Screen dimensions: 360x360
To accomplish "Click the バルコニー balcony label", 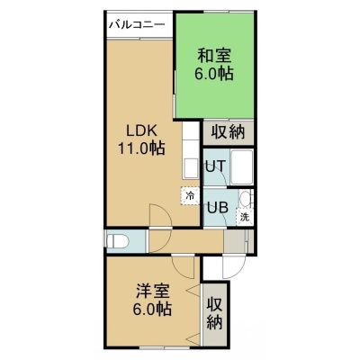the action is click(x=137, y=24).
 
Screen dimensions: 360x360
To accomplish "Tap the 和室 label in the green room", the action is click(x=214, y=56).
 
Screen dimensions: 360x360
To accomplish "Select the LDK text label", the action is click(x=141, y=131).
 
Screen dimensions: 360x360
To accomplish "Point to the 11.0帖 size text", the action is click(x=141, y=148).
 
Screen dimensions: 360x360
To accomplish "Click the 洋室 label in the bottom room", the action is click(x=153, y=291).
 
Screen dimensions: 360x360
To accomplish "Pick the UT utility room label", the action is click(x=215, y=166).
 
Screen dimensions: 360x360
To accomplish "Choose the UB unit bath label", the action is click(x=217, y=207).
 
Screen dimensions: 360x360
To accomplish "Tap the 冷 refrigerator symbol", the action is click(x=190, y=196).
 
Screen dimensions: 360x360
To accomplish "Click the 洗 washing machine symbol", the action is click(x=245, y=216).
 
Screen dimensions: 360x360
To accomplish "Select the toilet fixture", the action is click(x=118, y=241).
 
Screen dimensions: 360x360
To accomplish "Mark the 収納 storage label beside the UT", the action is click(x=229, y=132).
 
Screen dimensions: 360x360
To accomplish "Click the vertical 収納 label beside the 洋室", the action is click(x=214, y=313).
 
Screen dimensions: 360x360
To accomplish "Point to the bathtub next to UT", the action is click(x=242, y=167).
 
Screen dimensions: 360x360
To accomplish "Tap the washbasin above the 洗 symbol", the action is click(x=246, y=199).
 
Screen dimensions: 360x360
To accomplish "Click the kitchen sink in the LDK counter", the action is click(x=191, y=168).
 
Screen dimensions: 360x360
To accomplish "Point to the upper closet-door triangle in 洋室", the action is click(x=193, y=291).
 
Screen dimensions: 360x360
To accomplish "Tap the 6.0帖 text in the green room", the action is click(x=214, y=73).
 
